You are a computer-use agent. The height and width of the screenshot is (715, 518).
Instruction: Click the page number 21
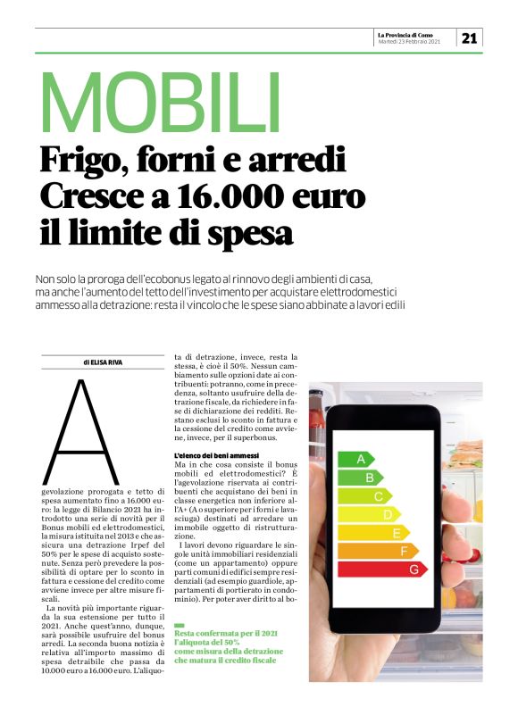pos(470,37)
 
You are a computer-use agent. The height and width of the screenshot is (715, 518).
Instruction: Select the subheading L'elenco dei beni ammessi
pos(216,456)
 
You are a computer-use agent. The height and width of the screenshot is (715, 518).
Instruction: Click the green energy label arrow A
pos(355,460)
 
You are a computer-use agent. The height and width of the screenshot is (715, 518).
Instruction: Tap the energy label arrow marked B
pos(361,478)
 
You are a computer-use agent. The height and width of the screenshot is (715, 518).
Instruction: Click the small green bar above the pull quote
pos(180,624)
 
